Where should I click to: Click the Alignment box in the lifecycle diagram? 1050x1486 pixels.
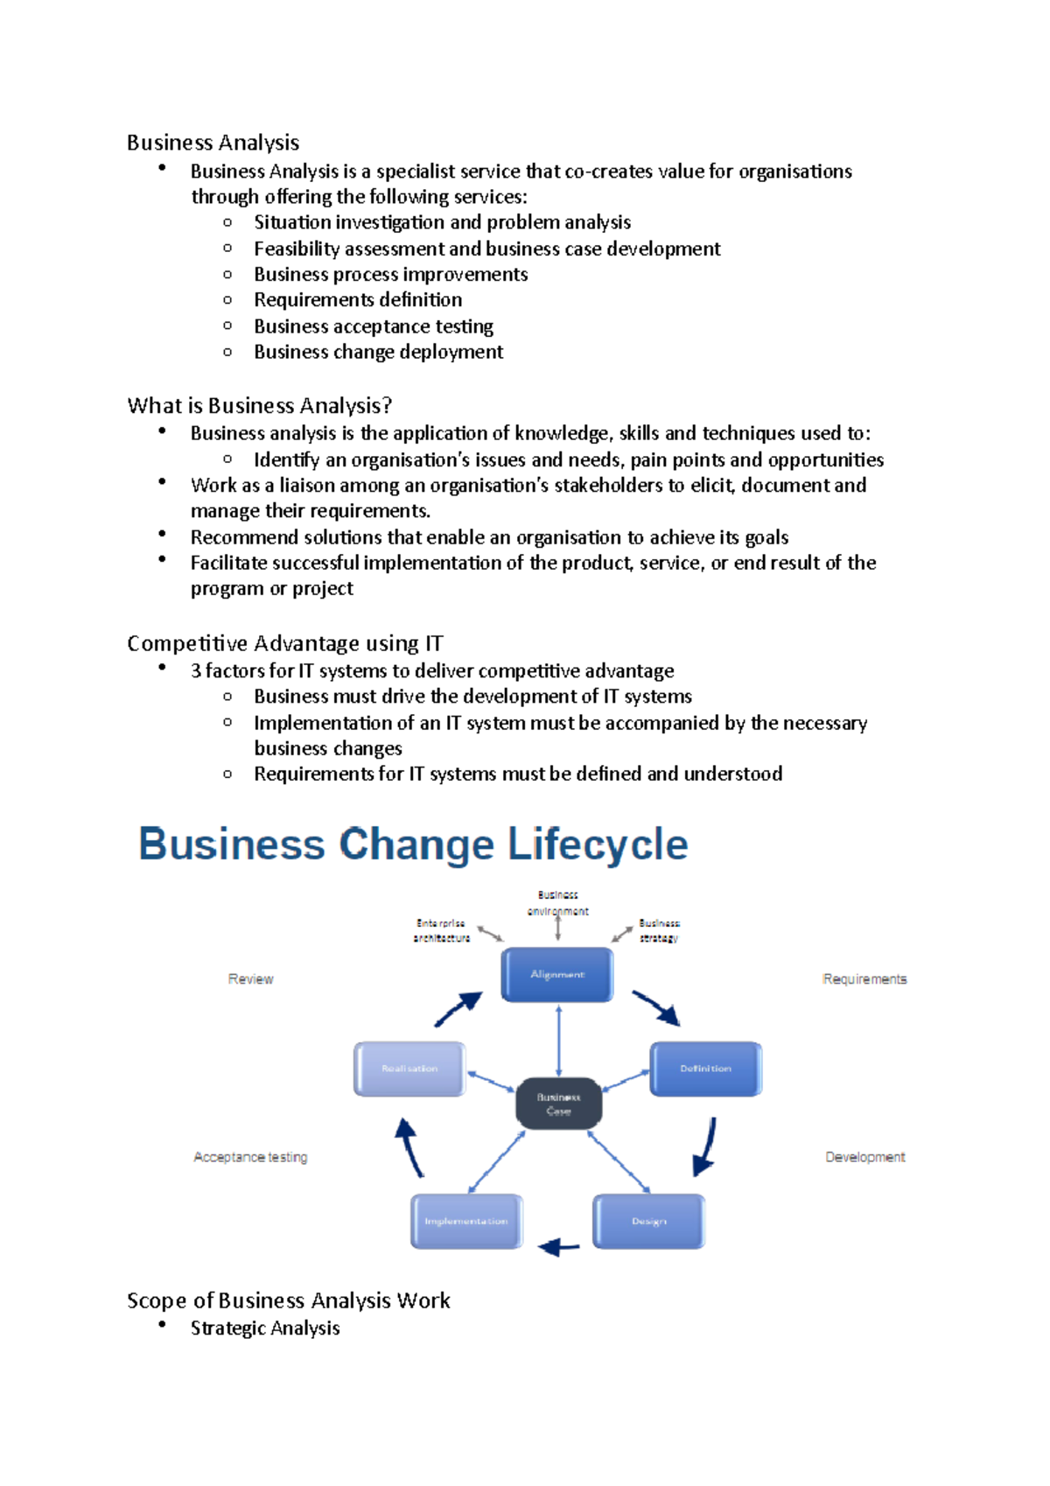pos(557,974)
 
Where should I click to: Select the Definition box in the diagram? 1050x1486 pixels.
pos(705,1069)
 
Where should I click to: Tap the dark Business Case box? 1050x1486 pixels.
pos(558,1104)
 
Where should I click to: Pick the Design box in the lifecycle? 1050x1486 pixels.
pos(648,1221)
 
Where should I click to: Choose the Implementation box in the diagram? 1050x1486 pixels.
pos(466,1221)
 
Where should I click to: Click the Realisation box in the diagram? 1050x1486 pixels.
pos(409,1069)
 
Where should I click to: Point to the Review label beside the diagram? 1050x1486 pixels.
pos(250,979)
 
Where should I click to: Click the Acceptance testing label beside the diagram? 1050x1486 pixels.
pos(250,1157)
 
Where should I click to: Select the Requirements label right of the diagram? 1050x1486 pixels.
pos(864,979)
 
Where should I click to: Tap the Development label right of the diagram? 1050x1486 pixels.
pos(864,1157)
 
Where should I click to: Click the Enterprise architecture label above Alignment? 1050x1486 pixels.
pos(442,930)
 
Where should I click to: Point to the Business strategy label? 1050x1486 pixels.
pos(659,930)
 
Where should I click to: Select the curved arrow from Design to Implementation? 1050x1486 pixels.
pos(559,1246)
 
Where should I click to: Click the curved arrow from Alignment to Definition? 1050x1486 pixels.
pos(656,1007)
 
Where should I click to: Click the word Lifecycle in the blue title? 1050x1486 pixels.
pos(598,845)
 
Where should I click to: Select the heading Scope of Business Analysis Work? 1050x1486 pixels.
pos(288,1300)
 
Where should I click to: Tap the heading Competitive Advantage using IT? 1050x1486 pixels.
pos(284,643)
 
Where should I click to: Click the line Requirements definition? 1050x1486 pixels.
pos(358,300)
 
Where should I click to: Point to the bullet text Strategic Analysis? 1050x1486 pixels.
pos(265,1328)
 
